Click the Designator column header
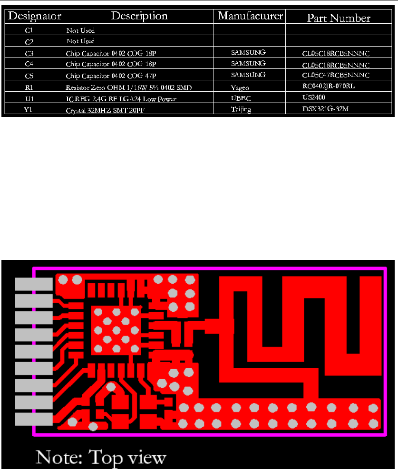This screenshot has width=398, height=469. pyautogui.click(x=34, y=16)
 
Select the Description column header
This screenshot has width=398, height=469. pyautogui.click(x=139, y=16)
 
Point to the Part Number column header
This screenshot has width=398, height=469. pyautogui.click(x=339, y=18)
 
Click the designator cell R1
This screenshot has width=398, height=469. pyautogui.click(x=29, y=87)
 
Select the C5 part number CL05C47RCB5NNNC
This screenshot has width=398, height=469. pyautogui.click(x=336, y=76)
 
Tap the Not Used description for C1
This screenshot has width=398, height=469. pyautogui.click(x=80, y=30)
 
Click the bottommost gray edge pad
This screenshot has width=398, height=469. pyautogui.click(x=33, y=419)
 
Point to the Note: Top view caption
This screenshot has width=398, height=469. pyautogui.click(x=101, y=458)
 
